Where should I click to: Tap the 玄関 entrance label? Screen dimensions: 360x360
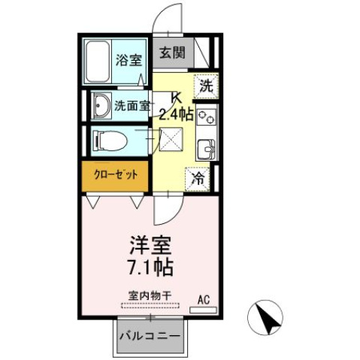coord(171,53)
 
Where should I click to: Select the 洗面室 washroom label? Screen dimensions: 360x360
coord(132,106)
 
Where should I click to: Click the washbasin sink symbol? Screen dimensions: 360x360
coord(102,106)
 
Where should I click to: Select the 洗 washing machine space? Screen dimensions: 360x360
coord(205,86)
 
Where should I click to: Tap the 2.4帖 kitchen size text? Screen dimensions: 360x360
coord(177,114)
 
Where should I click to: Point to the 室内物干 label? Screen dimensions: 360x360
coord(149,295)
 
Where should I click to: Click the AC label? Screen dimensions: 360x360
coord(202,299)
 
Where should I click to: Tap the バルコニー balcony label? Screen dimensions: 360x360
coord(148,336)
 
